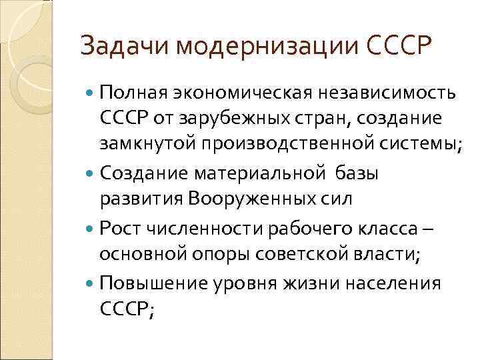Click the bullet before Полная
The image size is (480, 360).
pyautogui.click(x=91, y=91)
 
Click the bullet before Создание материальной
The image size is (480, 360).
pyautogui.click(x=91, y=173)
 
